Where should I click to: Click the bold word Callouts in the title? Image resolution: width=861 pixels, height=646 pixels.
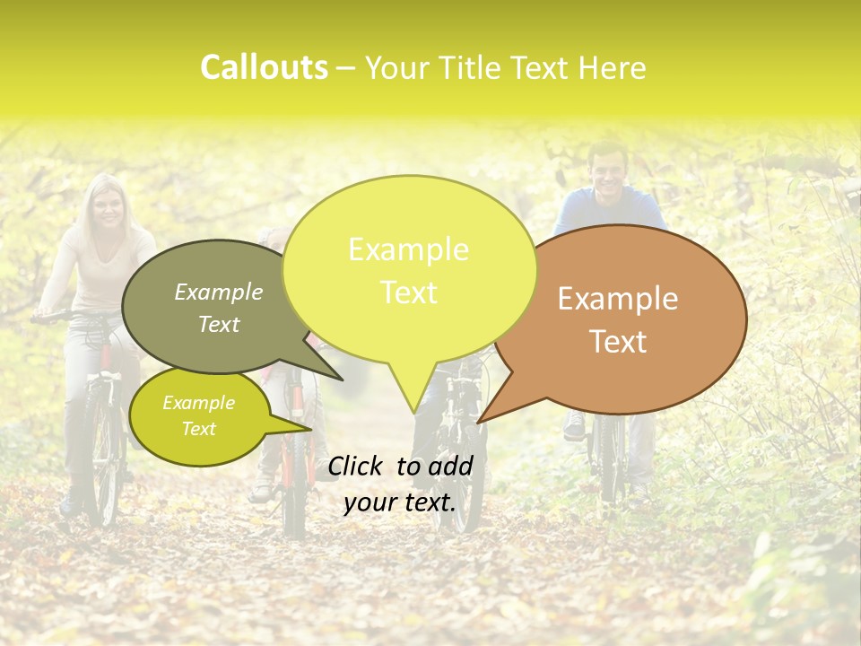264,68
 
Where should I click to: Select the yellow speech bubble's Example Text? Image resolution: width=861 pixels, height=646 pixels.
409,271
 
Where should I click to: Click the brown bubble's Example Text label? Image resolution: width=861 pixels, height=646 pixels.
618,320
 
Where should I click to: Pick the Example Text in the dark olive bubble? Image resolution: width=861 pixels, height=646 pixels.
219,308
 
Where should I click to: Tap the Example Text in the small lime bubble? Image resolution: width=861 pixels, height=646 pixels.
198,415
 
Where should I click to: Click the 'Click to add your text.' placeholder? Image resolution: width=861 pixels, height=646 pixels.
400,484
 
